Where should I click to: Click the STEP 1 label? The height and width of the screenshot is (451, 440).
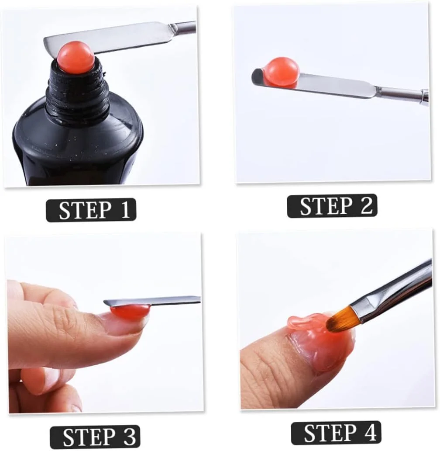tap(91, 210)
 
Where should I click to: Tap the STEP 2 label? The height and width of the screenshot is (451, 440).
tap(332, 206)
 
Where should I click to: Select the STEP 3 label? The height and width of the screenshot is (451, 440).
tap(95, 437)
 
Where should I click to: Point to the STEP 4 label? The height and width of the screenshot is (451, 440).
tap(336, 433)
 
